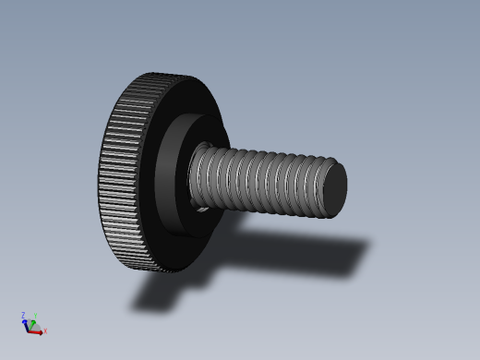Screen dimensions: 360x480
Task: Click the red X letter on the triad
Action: coord(45,330)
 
